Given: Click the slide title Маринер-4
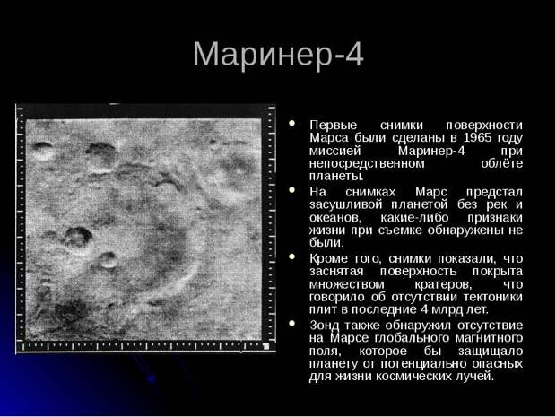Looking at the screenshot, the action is tap(278, 54).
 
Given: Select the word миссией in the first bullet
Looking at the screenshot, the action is tap(334, 151).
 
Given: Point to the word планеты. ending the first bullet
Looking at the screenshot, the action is tap(336, 177).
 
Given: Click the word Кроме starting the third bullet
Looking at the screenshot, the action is tap(329, 258).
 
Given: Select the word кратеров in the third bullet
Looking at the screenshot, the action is tap(443, 284).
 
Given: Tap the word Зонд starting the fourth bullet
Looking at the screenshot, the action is tap(325, 326).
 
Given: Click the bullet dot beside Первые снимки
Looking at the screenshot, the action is tap(292, 123).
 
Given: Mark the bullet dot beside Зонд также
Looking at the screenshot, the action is tap(292, 323).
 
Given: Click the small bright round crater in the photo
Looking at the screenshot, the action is tap(108, 261).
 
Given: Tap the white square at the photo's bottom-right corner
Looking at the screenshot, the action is tap(266, 346).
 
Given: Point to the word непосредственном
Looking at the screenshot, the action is tap(367, 163).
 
